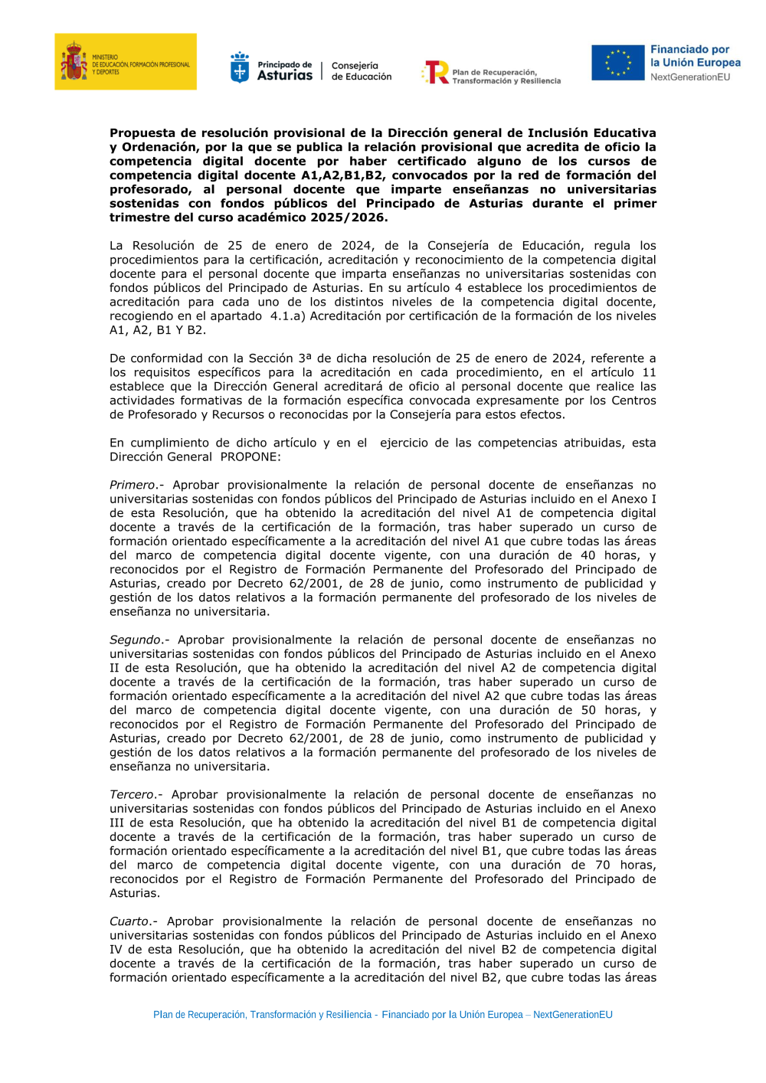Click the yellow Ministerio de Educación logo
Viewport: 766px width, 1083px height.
pyautogui.click(x=125, y=61)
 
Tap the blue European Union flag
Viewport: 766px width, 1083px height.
pyautogui.click(x=617, y=63)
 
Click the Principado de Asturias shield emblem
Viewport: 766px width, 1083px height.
pyautogui.click(x=240, y=68)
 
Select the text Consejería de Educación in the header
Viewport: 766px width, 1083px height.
pyautogui.click(x=361, y=71)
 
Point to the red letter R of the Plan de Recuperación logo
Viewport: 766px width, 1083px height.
pyautogui.click(x=437, y=72)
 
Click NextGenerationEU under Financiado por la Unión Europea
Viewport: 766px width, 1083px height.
pyautogui.click(x=689, y=77)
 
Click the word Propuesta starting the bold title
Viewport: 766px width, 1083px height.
pyautogui.click(x=142, y=133)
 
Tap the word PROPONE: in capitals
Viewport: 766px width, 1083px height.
pyautogui.click(x=250, y=457)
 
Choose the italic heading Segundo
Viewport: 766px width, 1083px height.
pyautogui.click(x=136, y=640)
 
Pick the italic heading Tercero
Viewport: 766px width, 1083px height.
pyautogui.click(x=132, y=795)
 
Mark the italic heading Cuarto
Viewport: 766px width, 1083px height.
pyautogui.click(x=129, y=922)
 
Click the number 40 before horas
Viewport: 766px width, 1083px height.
pyautogui.click(x=588, y=556)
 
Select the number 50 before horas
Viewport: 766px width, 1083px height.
pyautogui.click(x=588, y=711)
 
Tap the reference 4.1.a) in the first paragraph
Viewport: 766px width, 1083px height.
pyautogui.click(x=287, y=316)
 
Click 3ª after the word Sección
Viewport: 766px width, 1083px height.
pyautogui.click(x=305, y=358)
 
